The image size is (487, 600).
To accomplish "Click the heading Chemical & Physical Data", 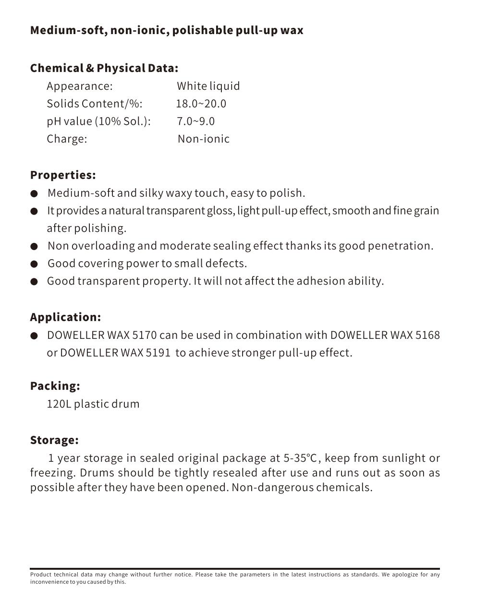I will pyautogui.click(x=104, y=68).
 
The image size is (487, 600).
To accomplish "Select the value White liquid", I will pyautogui.click(x=208, y=86).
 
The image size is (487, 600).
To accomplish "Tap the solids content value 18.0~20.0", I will pyautogui.click(x=201, y=104).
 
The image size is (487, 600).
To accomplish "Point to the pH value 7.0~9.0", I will pyautogui.click(x=195, y=121).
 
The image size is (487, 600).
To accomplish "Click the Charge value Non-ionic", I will pyautogui.click(x=204, y=139).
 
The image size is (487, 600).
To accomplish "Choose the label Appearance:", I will pyautogui.click(x=80, y=86).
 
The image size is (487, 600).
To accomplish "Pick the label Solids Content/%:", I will pyautogui.click(x=95, y=104).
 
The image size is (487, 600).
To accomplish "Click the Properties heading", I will pyautogui.click(x=63, y=175).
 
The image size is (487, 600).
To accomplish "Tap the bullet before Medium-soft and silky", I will pyautogui.click(x=34, y=194).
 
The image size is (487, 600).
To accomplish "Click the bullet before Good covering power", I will pyautogui.click(x=34, y=264).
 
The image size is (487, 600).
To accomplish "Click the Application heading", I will pyautogui.click(x=65, y=317).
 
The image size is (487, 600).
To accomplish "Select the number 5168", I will pyautogui.click(x=427, y=335).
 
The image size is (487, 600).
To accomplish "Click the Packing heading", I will pyautogui.click(x=55, y=386).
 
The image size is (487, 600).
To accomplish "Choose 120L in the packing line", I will pyautogui.click(x=59, y=404).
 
